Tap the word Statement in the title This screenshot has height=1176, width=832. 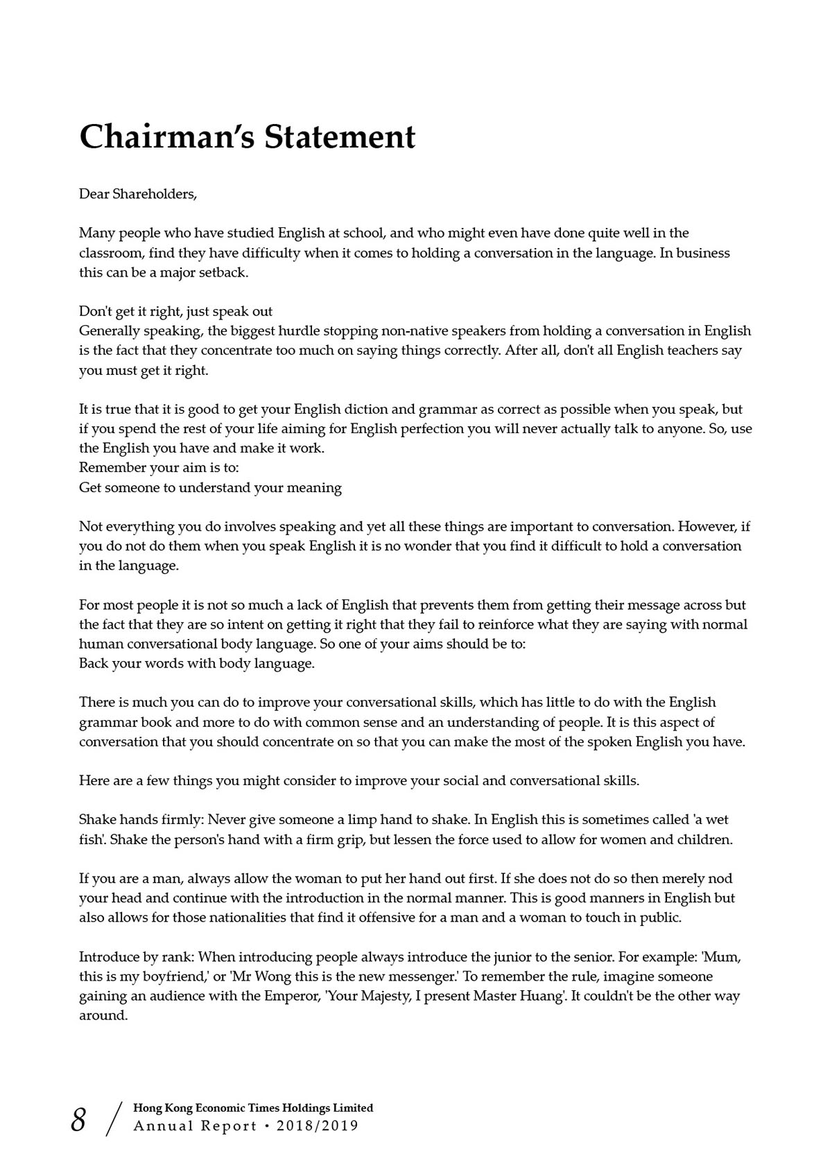[340, 137]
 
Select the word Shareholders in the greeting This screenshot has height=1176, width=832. [154, 194]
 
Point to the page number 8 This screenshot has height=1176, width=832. [78, 1120]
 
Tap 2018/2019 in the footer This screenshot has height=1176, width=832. [318, 1126]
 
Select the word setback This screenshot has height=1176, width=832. [223, 272]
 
